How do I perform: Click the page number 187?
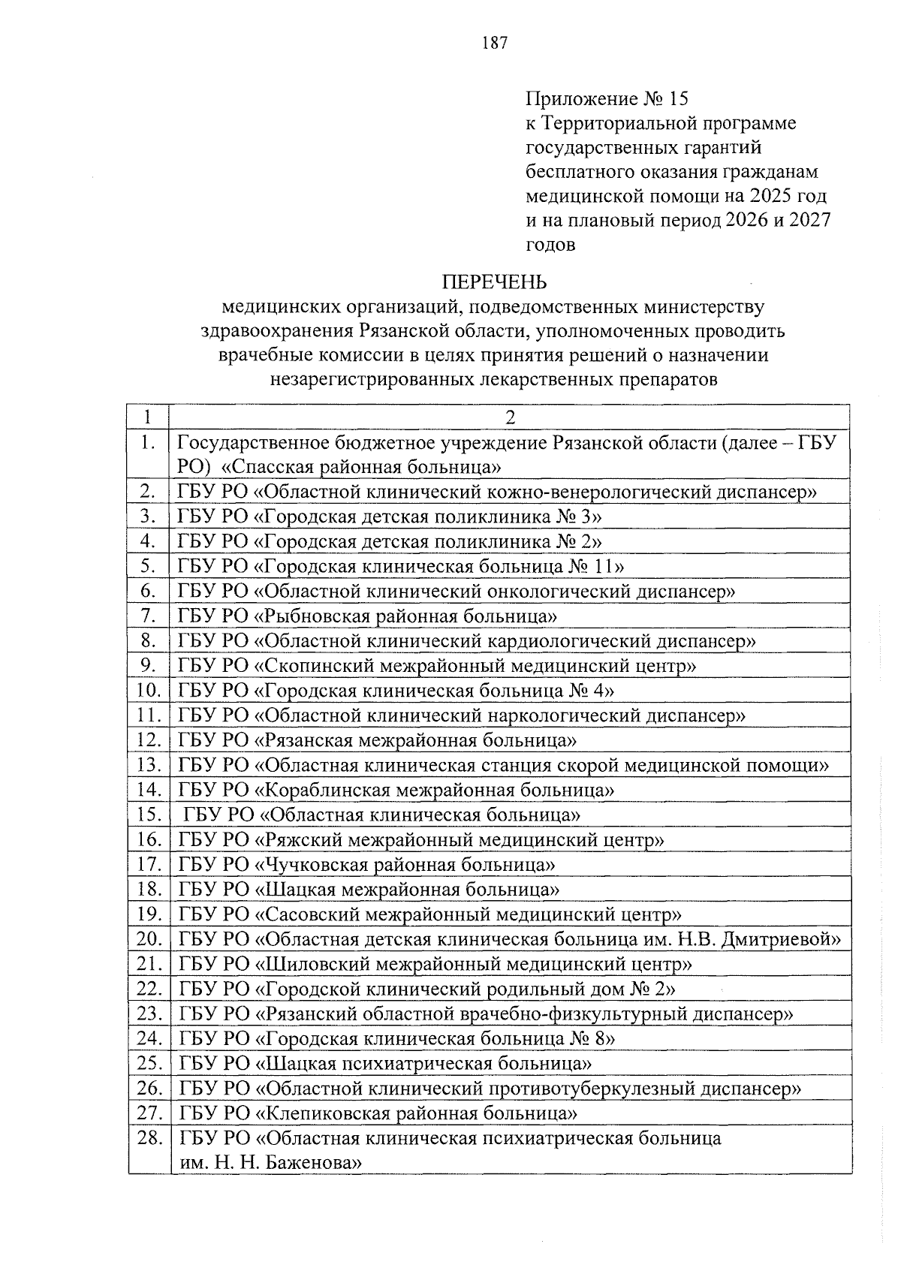[495, 44]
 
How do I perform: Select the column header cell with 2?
[510, 417]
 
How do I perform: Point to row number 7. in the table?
[149, 616]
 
